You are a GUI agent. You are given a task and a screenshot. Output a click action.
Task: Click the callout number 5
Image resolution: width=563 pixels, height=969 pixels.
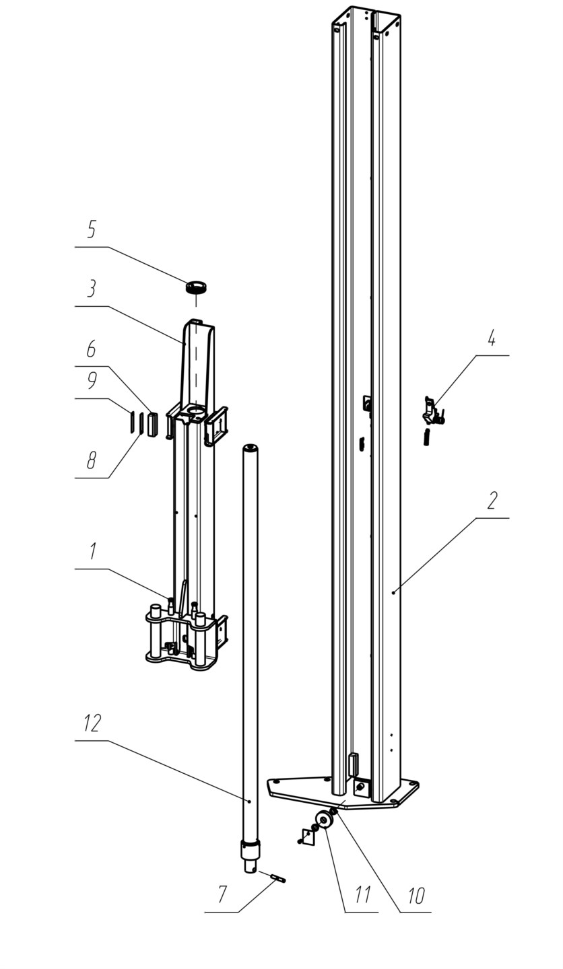[92, 229]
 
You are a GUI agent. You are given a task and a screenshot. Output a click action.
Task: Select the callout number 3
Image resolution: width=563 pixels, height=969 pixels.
[91, 289]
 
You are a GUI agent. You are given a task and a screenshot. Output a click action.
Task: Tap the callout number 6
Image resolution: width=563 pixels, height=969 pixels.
[91, 349]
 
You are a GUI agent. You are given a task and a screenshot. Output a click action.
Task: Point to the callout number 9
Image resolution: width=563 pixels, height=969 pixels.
[92, 380]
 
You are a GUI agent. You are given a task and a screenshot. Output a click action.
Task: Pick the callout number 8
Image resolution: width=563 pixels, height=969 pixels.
[92, 460]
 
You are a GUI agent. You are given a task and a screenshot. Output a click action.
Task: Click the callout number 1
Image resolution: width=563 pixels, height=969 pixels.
[92, 552]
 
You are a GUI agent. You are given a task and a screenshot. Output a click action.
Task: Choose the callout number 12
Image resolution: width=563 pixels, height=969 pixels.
[92, 723]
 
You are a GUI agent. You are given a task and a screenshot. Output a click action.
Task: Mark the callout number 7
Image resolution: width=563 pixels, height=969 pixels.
[222, 894]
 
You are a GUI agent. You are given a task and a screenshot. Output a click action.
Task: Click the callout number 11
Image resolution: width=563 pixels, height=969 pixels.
[362, 894]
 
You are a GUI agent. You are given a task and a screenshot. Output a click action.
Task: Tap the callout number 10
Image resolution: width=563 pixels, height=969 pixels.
[416, 894]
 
